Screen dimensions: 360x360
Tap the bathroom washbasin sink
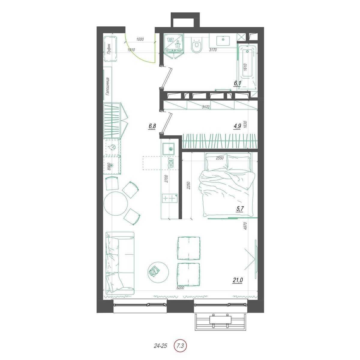(x=223, y=40)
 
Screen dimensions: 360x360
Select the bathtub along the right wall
(x=247, y=67)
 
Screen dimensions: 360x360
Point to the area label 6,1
(x=237, y=83)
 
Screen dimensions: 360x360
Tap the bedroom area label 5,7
(x=240, y=208)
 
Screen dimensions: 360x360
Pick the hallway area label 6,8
(x=152, y=126)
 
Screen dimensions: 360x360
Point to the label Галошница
(x=107, y=87)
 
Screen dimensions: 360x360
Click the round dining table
(x=115, y=203)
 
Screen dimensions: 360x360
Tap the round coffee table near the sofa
(x=158, y=272)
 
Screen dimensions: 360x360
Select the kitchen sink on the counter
(x=169, y=149)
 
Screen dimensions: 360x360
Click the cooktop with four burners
(x=169, y=198)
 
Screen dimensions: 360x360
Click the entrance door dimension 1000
(x=140, y=39)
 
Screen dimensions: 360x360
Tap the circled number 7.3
(x=180, y=346)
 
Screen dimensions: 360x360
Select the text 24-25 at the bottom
(x=160, y=346)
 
